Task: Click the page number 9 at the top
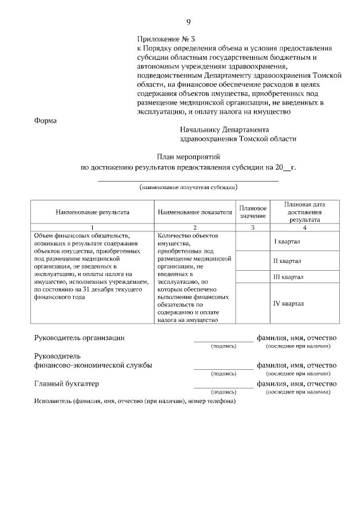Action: (188, 22)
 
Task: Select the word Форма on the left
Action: (46, 120)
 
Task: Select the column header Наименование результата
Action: (92, 212)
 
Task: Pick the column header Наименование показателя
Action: (195, 212)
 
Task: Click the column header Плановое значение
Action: (253, 212)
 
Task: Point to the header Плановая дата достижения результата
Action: (304, 212)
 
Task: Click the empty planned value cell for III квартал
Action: (253, 277)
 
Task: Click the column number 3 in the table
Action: (253, 227)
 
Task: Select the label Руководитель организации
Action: (79, 338)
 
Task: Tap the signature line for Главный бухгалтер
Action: (223, 387)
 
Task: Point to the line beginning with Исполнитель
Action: (134, 401)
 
